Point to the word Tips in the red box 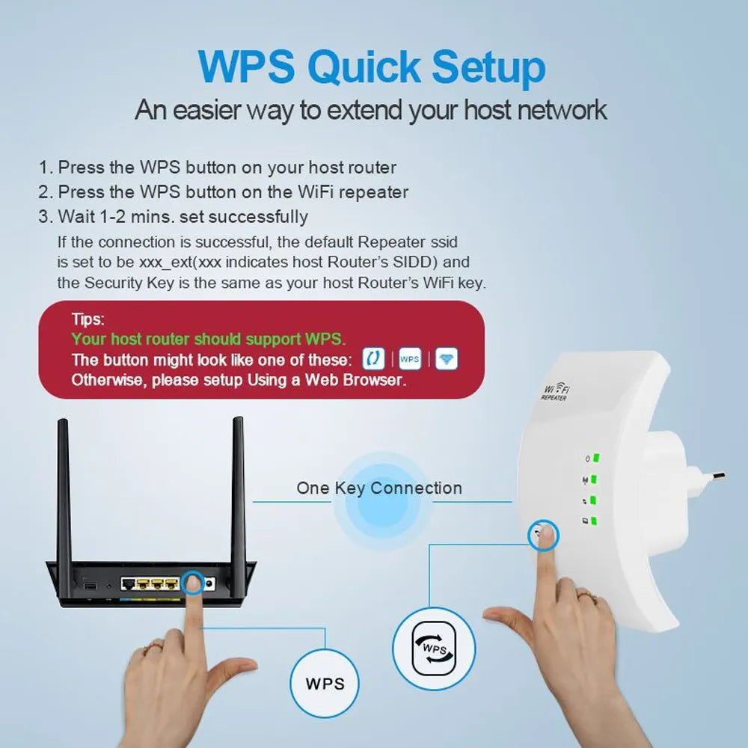88,320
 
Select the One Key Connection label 379,488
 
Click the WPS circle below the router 325,683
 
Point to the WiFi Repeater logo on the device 555,393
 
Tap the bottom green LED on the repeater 594,520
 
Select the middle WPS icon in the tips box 409,359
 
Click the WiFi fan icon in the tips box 446,359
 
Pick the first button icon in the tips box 373,359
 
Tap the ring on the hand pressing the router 154,644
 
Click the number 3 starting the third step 44,217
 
